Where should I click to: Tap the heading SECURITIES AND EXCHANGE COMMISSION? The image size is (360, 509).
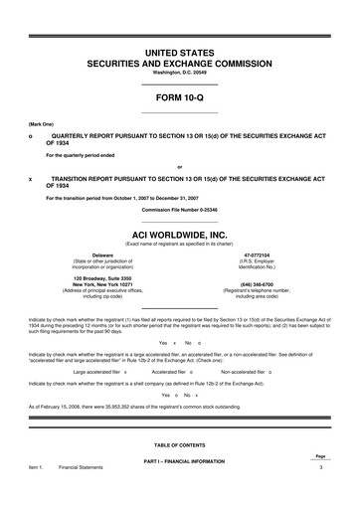tap(179, 62)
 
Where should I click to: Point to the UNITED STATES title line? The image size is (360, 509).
tap(179, 50)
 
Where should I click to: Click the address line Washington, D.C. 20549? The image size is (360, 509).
tap(179, 73)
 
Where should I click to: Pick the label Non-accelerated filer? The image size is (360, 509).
tap(246, 370)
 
